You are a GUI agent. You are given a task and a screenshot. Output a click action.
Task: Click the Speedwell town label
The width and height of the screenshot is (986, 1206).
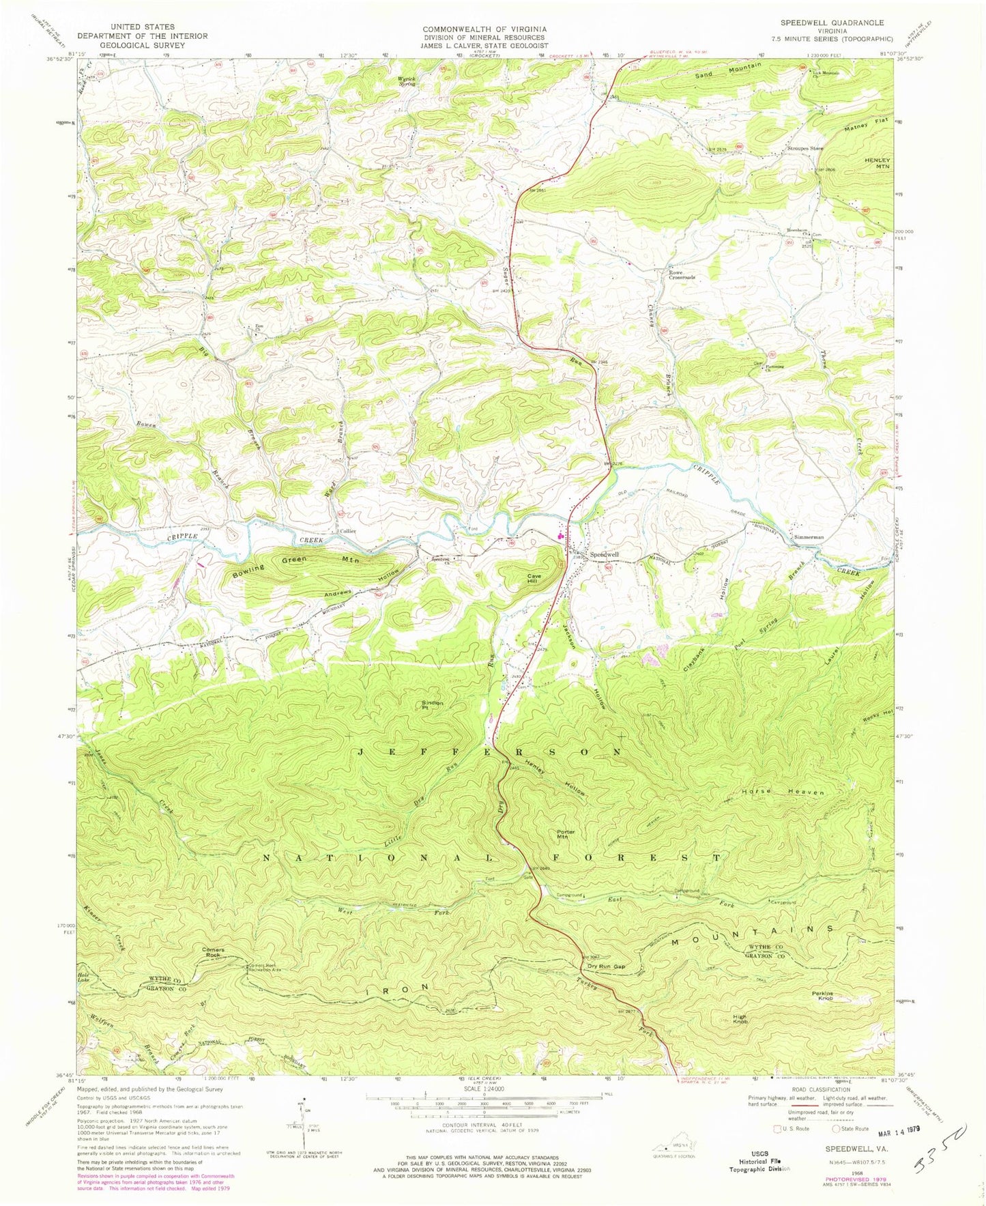[x=604, y=555]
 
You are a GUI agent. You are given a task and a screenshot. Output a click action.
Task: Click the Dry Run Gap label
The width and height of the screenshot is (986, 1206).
[x=606, y=966]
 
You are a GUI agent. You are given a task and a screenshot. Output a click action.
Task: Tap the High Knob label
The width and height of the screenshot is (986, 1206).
[x=740, y=1019]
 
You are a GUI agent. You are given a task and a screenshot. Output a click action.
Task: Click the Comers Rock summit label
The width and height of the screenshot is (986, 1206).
[x=213, y=952]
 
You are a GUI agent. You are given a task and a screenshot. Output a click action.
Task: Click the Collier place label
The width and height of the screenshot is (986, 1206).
[x=347, y=531]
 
